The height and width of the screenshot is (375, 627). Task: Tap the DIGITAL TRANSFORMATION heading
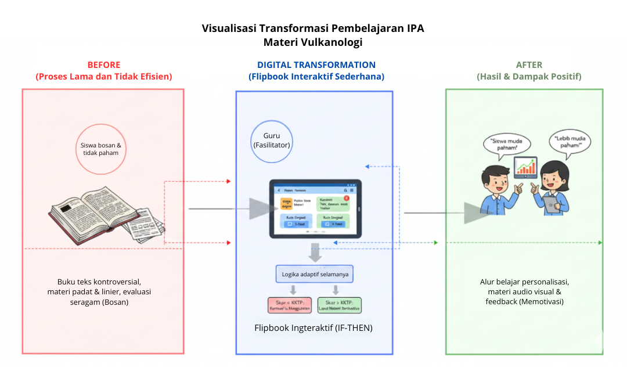pos(316,65)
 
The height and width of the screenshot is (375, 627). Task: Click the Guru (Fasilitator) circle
pos(271,140)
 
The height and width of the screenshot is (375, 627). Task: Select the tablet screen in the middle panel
pos(314,208)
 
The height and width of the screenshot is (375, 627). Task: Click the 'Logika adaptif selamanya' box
pos(315,274)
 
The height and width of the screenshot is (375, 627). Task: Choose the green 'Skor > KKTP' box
pos(340,305)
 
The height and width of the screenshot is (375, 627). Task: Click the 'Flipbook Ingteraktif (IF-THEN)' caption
pos(313,328)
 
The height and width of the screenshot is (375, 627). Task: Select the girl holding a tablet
pos(554,189)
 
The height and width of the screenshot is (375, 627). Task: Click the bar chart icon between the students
pos(526,168)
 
